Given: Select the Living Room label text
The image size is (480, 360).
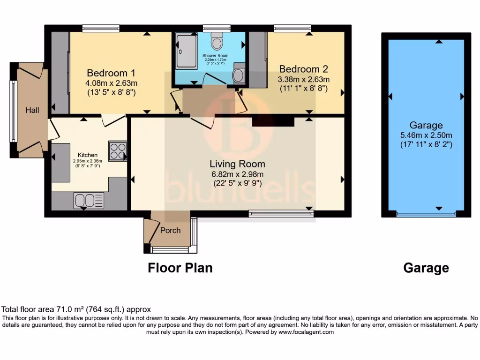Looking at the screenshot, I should point(237,164).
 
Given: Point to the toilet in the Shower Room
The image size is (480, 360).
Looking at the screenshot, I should point(217,42).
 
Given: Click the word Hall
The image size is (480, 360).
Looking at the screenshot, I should point(32,110).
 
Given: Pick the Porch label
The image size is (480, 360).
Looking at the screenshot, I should point(170,230).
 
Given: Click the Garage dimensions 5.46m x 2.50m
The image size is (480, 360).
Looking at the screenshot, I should point(426,135).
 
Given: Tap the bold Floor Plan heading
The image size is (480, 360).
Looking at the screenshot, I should point(180,268).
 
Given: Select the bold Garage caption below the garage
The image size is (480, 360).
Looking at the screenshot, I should point(426,268).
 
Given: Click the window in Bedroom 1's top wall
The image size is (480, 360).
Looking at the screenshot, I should point(100,28).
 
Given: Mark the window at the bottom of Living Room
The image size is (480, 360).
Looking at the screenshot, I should point(281,214).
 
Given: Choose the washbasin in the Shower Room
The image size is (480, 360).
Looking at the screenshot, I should point(239,75).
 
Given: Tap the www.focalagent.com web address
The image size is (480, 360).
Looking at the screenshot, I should point(306,332).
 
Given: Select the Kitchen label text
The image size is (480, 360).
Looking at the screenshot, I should point(88,155).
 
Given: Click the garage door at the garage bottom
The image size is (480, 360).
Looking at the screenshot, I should point(426,215).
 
